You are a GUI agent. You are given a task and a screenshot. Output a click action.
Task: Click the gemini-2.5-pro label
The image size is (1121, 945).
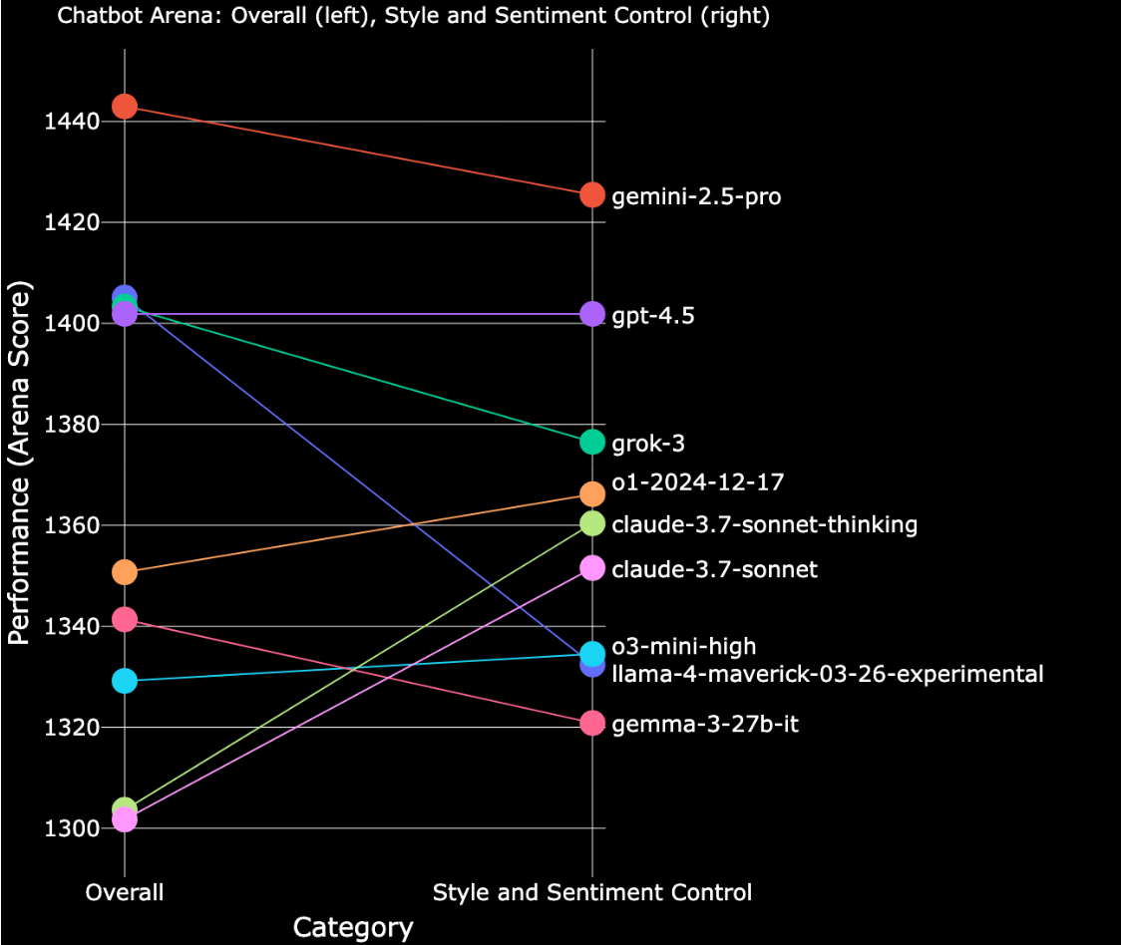(696, 196)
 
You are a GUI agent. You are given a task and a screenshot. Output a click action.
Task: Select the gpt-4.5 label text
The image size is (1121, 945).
(653, 316)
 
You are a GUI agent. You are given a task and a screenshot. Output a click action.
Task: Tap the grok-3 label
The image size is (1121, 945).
(648, 444)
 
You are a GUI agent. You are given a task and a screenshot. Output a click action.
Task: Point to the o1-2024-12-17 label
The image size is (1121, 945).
(698, 482)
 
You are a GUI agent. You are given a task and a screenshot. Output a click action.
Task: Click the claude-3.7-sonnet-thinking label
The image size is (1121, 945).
(764, 524)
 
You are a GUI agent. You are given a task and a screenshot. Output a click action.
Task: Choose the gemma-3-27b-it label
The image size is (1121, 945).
(705, 725)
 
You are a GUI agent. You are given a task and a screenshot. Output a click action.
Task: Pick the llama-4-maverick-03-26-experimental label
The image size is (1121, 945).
(828, 674)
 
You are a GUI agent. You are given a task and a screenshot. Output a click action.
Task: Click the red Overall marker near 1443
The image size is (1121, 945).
(125, 106)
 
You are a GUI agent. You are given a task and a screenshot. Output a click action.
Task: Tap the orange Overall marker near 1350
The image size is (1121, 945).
(125, 572)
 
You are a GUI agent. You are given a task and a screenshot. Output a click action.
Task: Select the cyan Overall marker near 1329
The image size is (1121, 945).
(125, 681)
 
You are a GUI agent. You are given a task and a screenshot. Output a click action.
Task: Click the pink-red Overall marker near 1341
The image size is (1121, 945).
(125, 620)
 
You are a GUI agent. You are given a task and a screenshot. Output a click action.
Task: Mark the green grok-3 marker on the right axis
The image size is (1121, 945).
(592, 442)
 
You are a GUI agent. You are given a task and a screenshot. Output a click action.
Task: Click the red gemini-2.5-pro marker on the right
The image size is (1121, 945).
(592, 194)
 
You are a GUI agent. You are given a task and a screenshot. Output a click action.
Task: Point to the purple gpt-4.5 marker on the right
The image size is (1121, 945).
(592, 314)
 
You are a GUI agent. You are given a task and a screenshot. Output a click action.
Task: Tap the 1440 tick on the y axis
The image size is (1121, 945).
(72, 122)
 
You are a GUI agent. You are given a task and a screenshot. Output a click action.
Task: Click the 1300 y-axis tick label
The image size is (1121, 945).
(72, 828)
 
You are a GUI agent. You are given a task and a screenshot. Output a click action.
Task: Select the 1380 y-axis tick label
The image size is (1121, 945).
(72, 425)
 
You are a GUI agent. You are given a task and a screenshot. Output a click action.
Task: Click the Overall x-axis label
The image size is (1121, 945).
(125, 892)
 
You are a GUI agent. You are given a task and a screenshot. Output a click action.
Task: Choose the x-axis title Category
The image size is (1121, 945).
(353, 928)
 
